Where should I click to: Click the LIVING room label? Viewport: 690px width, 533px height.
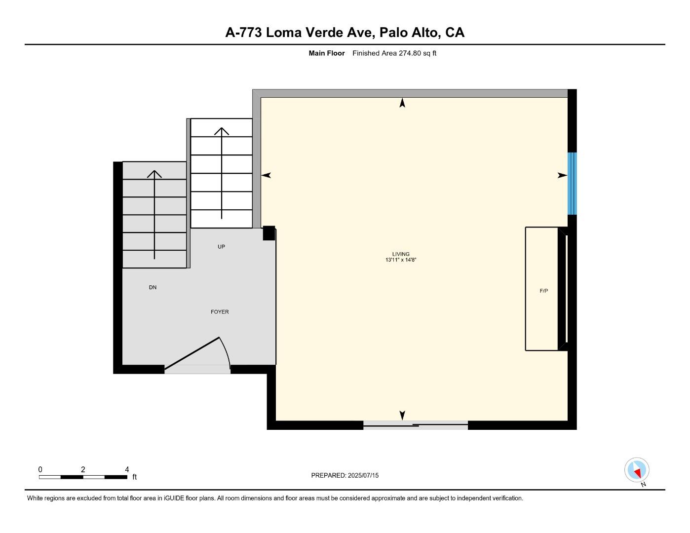(x=401, y=254)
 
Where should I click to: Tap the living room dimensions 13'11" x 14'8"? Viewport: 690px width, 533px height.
(x=401, y=260)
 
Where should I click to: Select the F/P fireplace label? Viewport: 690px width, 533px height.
(x=543, y=291)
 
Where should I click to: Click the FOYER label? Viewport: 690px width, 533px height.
(x=220, y=312)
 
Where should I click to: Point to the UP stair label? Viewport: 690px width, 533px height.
(x=221, y=247)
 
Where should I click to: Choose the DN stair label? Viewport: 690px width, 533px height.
(x=153, y=287)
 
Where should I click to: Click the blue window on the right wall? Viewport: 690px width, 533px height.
(x=572, y=184)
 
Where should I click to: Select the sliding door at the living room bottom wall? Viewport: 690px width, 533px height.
(x=416, y=425)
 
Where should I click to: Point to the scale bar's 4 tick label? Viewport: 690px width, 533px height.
(x=127, y=469)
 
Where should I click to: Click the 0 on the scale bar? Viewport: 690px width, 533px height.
(x=40, y=469)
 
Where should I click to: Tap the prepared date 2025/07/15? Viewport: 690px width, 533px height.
(x=363, y=475)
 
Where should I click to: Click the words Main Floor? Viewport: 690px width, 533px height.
(x=326, y=53)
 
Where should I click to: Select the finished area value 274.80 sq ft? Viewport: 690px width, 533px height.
(x=418, y=53)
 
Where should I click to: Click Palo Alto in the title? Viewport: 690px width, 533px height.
(x=409, y=33)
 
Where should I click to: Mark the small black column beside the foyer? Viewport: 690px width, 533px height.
(x=268, y=233)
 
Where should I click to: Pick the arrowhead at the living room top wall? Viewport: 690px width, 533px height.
(x=402, y=103)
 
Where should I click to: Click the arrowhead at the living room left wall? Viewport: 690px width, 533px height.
(x=266, y=175)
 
